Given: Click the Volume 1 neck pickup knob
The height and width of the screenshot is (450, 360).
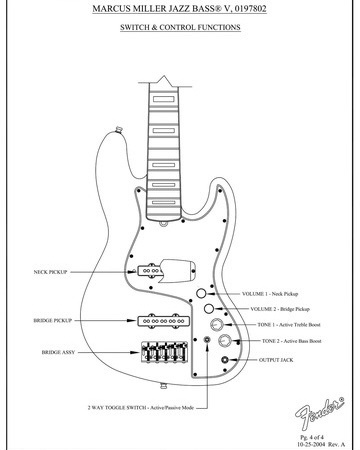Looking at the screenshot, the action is coord(201,293).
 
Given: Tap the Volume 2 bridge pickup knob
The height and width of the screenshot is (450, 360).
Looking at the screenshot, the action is coord(209,309).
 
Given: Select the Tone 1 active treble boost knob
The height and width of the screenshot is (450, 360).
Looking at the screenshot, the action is coord(217,324).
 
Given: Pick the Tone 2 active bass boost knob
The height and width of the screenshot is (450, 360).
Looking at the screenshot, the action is coord(225,340).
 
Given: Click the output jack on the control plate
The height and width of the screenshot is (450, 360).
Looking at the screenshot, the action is coord(226,360).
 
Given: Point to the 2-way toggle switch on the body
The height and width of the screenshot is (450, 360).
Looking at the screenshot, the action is coord(207,340).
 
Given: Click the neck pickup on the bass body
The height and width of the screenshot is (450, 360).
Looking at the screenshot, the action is coord(150,270).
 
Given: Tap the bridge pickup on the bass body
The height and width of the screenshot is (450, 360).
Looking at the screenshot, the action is coord(164,321).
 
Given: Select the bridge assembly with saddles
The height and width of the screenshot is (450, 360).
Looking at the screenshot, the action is coord(164,352).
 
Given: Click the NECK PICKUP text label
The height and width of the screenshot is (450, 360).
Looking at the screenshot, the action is coord(50,272).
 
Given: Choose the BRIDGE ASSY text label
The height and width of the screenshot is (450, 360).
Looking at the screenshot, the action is coord(58,352).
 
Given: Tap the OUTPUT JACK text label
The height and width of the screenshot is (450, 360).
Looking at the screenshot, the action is coord(276,360).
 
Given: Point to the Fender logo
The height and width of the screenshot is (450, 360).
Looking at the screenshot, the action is coord(319,413).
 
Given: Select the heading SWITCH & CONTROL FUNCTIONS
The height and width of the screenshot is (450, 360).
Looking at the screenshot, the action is coord(180,27).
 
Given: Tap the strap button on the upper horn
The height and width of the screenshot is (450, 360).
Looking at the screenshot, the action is coord(119,129).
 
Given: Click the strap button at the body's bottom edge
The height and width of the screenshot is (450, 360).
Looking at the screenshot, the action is coord(163,386).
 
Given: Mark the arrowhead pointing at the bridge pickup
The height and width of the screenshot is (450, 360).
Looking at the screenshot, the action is coord(132,321).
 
